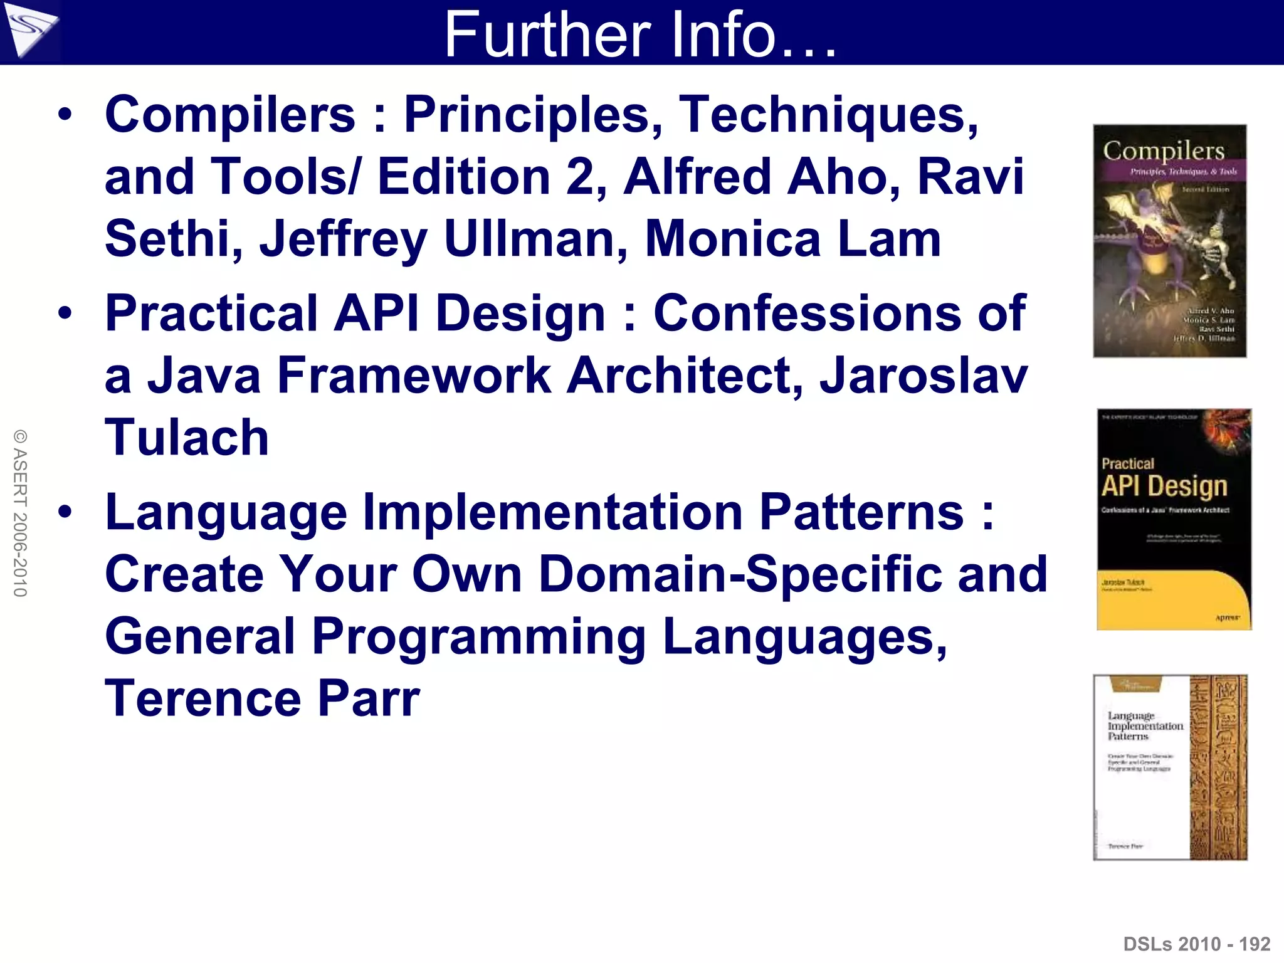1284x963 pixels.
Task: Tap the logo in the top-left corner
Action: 29,31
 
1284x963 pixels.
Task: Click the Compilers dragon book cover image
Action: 1170,241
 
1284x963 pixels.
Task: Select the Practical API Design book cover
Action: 1174,519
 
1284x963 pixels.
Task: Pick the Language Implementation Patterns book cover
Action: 1170,767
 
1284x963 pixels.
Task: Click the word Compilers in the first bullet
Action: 230,114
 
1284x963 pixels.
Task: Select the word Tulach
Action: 187,437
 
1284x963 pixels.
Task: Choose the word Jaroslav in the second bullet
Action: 924,376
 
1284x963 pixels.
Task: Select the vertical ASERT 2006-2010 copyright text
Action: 20,513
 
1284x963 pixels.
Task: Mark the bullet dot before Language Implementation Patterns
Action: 65,512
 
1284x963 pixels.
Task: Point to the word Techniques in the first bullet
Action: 828,114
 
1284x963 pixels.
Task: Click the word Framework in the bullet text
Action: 414,376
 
